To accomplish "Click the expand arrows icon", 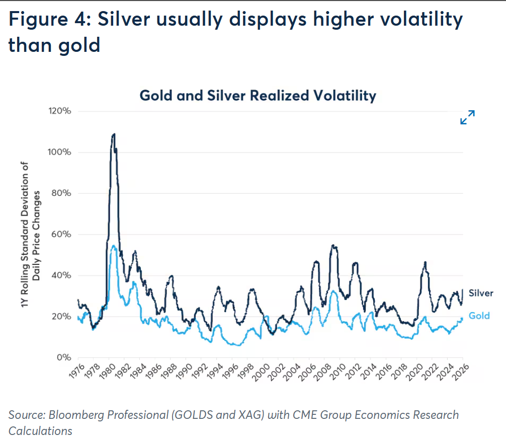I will pyautogui.click(x=468, y=117).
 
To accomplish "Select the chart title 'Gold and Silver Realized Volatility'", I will pyautogui.click(x=258, y=95).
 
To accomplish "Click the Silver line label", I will pyautogui.click(x=481, y=293).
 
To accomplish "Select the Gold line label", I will pyautogui.click(x=479, y=316).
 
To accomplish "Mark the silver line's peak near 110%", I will pyautogui.click(x=114, y=134).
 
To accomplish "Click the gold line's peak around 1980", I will pyautogui.click(x=114, y=246).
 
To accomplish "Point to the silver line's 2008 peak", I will pyautogui.click(x=333, y=245).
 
